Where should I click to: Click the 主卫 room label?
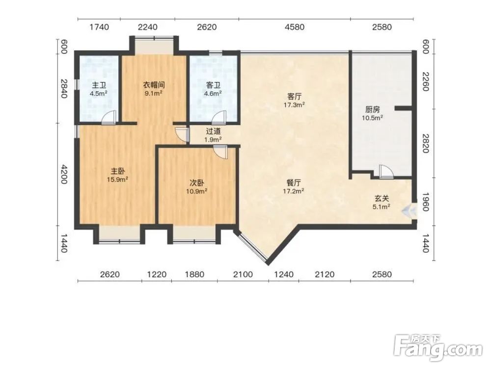[x=99, y=85]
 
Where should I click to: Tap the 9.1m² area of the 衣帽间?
[x=153, y=93]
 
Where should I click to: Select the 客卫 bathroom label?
[x=213, y=85]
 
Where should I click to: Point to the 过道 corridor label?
[x=213, y=131]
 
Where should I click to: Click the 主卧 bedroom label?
[x=118, y=171]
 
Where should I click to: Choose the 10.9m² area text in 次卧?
[x=197, y=191]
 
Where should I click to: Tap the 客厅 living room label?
[x=294, y=96]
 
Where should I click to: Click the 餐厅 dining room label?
[x=294, y=183]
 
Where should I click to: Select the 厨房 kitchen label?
[x=373, y=109]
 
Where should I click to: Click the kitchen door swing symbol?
[x=386, y=172]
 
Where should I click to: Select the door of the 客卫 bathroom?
[x=218, y=118]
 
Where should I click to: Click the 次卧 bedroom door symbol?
[x=220, y=152]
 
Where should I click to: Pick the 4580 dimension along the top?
[x=294, y=27]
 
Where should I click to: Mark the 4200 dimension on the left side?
[x=64, y=174]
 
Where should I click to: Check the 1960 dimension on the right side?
[x=425, y=202]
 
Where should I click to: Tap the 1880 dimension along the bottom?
[x=194, y=275]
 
